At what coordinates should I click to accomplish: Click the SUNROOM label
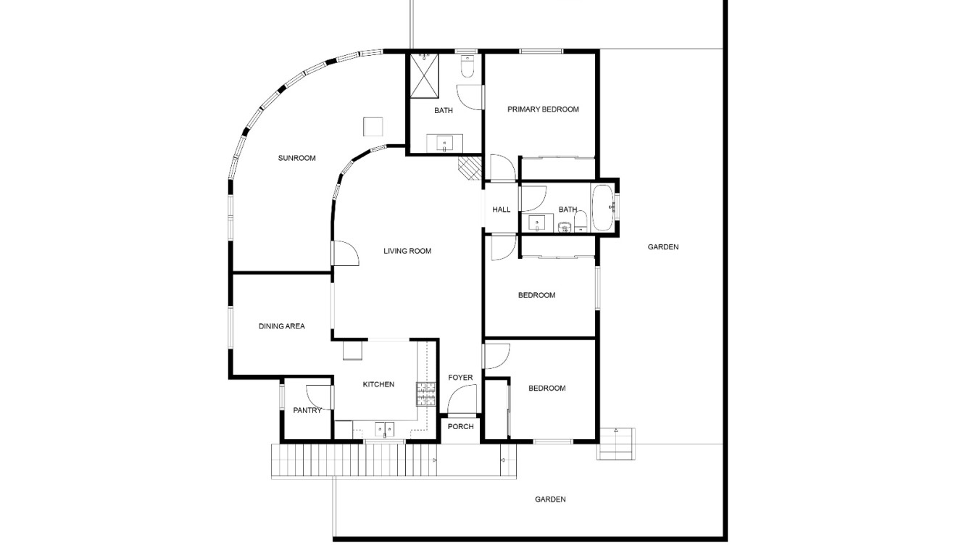[296, 158]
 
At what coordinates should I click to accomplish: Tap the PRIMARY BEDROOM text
[543, 109]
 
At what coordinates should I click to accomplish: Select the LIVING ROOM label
[407, 251]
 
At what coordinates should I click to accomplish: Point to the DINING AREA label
[282, 326]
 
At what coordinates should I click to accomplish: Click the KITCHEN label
[378, 384]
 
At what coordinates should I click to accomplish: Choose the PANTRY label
[307, 410]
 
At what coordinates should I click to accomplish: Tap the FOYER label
[460, 378]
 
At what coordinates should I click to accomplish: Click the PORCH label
[460, 427]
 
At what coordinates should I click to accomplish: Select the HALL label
[502, 209]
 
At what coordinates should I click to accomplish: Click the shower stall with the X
[424, 76]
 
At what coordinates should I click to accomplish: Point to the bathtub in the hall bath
[603, 208]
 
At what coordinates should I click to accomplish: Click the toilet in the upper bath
[467, 67]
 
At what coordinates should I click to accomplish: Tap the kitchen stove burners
[426, 394]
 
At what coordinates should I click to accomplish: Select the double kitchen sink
[385, 429]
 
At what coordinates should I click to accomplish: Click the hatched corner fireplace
[470, 168]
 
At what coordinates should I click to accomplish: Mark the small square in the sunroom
[373, 127]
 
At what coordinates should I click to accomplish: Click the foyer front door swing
[462, 399]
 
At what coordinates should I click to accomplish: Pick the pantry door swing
[319, 398]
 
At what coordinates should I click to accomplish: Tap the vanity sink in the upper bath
[445, 144]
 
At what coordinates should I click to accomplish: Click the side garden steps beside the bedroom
[615, 444]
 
